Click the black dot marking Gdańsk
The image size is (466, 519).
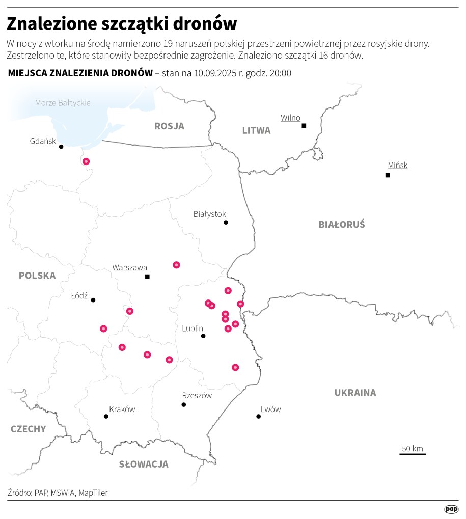[x=61, y=147]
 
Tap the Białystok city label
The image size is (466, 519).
[x=209, y=214]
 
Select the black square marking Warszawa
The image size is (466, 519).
[x=147, y=277]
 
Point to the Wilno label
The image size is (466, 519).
[x=290, y=118]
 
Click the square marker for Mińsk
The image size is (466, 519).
[x=388, y=175]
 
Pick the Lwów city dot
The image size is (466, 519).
[x=258, y=417]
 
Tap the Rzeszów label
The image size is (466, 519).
[x=197, y=396]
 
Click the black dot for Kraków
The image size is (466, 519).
[x=106, y=417]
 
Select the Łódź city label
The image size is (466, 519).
[x=79, y=295]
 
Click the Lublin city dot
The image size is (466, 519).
[x=203, y=336]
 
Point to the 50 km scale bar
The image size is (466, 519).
[x=413, y=453]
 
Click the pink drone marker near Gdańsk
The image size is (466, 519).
[x=86, y=161]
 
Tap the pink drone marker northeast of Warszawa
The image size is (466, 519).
[x=176, y=265]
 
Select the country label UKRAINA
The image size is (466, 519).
[x=355, y=393]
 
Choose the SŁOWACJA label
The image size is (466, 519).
[x=144, y=464]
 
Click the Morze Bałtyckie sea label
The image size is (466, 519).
[x=63, y=103]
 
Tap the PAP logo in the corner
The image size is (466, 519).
[x=451, y=509]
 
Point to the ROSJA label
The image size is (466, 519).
[x=169, y=126]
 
